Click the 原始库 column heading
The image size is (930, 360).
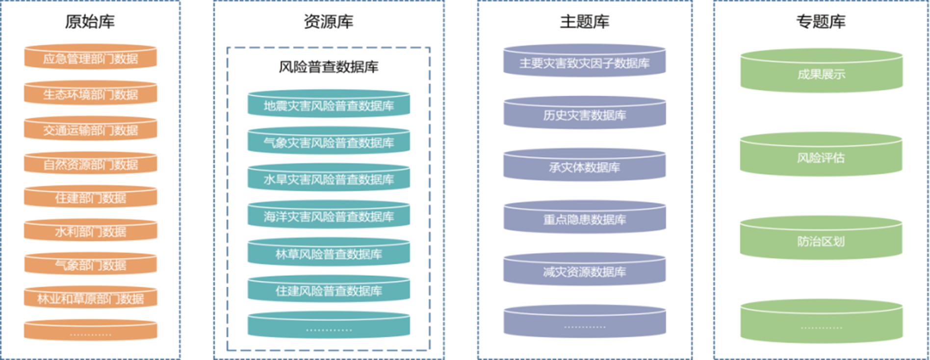pyautogui.click(x=90, y=22)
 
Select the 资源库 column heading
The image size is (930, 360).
pyautogui.click(x=328, y=22)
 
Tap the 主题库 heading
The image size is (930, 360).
pyautogui.click(x=584, y=22)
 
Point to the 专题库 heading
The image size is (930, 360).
pyautogui.click(x=821, y=22)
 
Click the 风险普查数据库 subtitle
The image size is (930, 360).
pyautogui.click(x=328, y=67)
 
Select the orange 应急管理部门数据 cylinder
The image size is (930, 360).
pyautogui.click(x=90, y=58)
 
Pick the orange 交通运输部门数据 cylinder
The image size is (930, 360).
pyautogui.click(x=90, y=129)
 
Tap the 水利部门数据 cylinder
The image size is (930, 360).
pyautogui.click(x=90, y=231)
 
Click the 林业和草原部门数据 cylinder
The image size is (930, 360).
pyautogui.click(x=90, y=298)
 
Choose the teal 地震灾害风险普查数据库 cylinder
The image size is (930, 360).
pyautogui.click(x=328, y=105)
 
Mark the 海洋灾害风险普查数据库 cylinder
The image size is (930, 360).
pyautogui.click(x=328, y=216)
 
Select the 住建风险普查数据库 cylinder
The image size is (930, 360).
pyautogui.click(x=328, y=290)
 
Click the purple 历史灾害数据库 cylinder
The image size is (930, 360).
pyautogui.click(x=584, y=115)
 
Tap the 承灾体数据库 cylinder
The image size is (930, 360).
pyautogui.click(x=584, y=167)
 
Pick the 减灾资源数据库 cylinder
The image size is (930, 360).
pyautogui.click(x=584, y=271)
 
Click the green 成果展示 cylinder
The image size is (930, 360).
pyautogui.click(x=821, y=74)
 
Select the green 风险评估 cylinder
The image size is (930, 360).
pyautogui.click(x=821, y=157)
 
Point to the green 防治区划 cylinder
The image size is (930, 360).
pyautogui.click(x=821, y=240)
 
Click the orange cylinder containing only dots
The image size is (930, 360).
pyautogui.click(x=90, y=331)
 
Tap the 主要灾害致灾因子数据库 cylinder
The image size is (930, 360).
pyautogui.click(x=584, y=63)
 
